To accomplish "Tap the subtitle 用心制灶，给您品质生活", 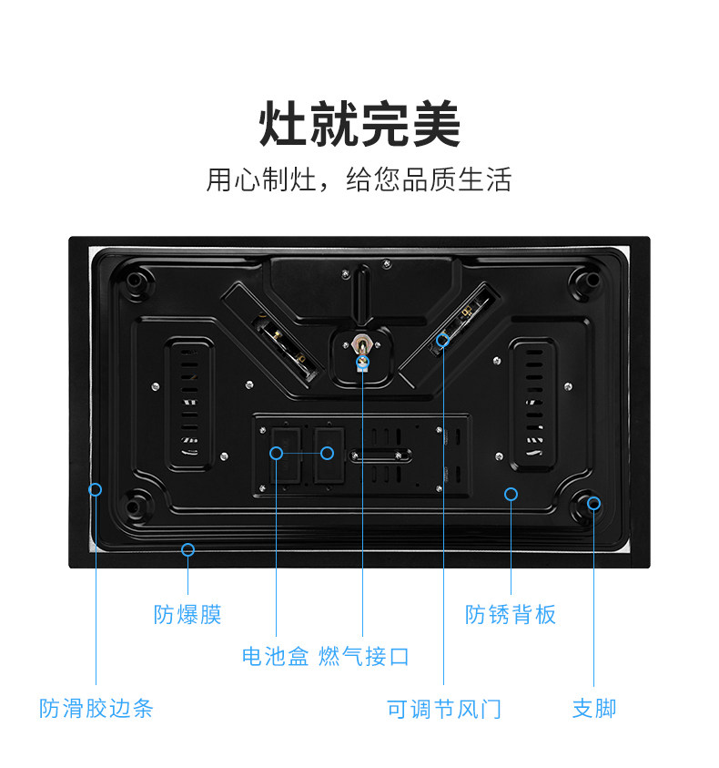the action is tap(359, 179).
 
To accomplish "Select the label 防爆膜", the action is tap(187, 615).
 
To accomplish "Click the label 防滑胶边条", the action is tap(96, 708).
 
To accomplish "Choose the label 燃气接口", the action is tap(364, 656).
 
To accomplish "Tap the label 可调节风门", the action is tap(444, 708).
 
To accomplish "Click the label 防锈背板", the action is tap(511, 615).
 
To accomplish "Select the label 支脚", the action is tap(594, 708).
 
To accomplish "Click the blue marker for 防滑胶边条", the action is tap(96, 489).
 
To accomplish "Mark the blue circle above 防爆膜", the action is tap(187, 549).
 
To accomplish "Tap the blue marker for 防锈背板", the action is tap(511, 494).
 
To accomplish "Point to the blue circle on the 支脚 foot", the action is tap(594, 502).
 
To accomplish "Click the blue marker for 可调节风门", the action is tap(443, 340).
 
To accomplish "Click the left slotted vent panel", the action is tap(189, 403).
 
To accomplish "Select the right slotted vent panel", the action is tap(531, 403).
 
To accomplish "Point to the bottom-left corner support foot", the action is tap(137, 502).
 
